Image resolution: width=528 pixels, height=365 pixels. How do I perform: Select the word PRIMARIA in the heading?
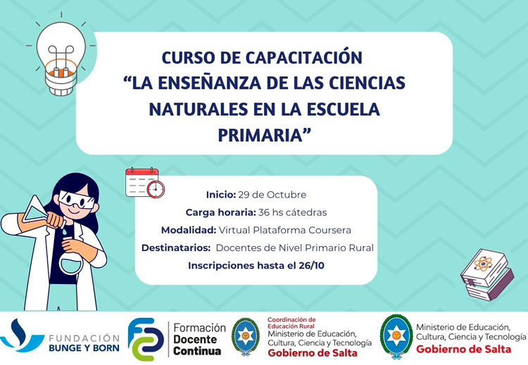point(263,134)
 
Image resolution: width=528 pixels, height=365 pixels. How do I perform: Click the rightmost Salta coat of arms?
point(396,335)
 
